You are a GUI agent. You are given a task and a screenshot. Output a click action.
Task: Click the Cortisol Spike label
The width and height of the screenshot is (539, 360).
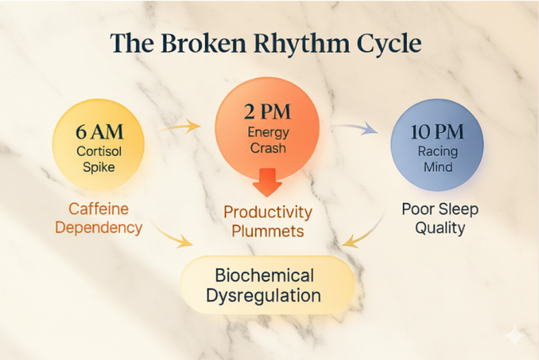pyautogui.click(x=98, y=156)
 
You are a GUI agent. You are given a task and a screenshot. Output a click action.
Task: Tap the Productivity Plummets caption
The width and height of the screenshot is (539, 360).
pyautogui.click(x=268, y=222)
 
